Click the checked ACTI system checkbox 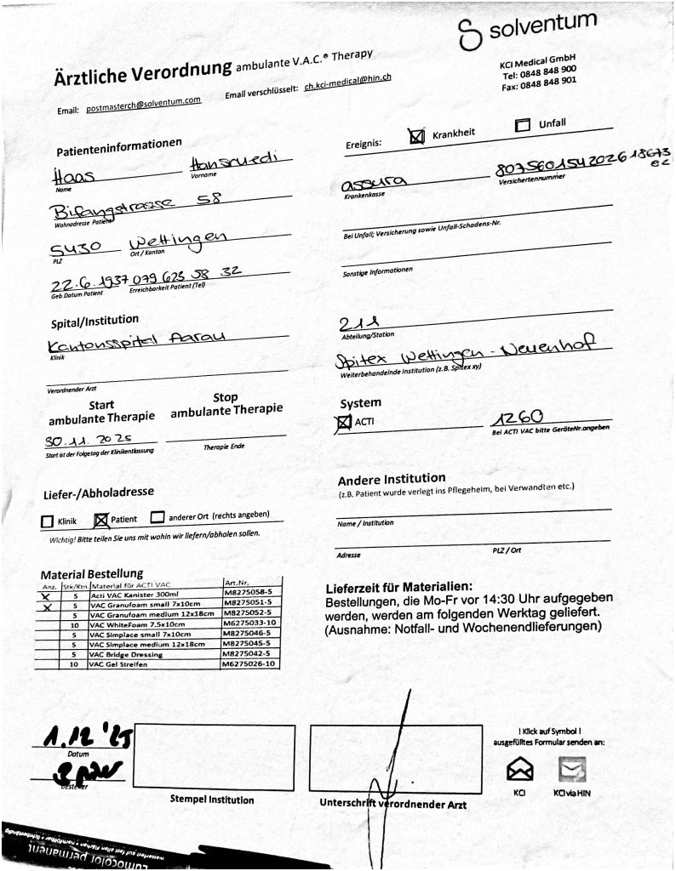[344, 421]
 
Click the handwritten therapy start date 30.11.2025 [94, 444]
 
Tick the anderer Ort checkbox [158, 517]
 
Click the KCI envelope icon [519, 770]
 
